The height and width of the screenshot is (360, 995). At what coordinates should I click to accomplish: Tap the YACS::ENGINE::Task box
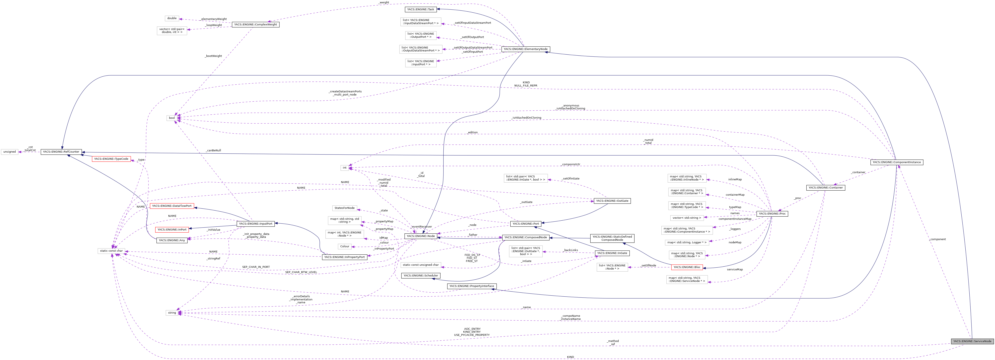[x=420, y=9]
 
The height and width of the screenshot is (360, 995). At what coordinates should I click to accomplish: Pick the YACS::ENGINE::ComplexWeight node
[x=255, y=24]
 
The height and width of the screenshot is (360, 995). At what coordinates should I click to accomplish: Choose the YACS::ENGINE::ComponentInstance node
[x=897, y=162]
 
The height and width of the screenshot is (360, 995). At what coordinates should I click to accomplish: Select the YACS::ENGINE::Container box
[x=825, y=188]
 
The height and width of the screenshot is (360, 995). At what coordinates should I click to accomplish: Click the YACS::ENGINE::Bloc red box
[x=687, y=267]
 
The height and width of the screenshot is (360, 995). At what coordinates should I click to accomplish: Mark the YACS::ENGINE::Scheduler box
[x=420, y=275]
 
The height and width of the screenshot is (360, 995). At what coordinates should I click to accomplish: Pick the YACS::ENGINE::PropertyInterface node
[x=471, y=286]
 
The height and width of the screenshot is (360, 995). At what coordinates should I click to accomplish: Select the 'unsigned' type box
[x=10, y=152]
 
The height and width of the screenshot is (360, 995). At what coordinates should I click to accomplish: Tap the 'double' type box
[x=172, y=18]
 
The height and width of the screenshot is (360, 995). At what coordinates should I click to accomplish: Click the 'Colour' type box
[x=345, y=246]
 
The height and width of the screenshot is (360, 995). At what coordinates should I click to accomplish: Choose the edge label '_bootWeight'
[x=213, y=56]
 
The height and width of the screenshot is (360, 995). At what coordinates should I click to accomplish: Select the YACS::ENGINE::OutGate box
[x=612, y=201]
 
